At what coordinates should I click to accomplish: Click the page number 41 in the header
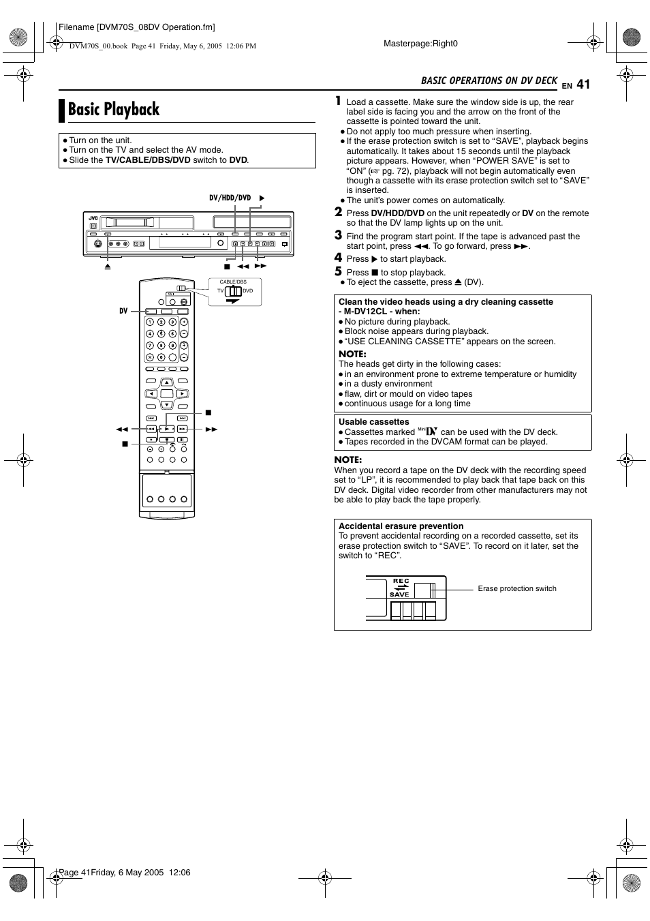(x=583, y=84)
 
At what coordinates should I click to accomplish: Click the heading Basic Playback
(x=114, y=109)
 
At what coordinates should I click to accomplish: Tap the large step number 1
(x=338, y=101)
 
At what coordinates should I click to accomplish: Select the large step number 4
(x=338, y=258)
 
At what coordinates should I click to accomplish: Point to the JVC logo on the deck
(x=93, y=217)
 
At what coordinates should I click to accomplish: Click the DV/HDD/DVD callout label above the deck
(x=230, y=198)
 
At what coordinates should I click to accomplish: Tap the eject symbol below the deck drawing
(x=108, y=267)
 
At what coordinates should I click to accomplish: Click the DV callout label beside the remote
(x=123, y=311)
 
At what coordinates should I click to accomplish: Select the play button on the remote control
(x=166, y=429)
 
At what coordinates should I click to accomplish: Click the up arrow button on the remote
(x=166, y=383)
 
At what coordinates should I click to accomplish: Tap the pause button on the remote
(x=183, y=440)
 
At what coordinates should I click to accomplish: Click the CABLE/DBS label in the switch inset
(x=233, y=282)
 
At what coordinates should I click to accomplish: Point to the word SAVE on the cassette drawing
(x=399, y=594)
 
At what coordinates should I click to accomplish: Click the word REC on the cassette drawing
(x=401, y=581)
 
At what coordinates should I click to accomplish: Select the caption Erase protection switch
(x=517, y=588)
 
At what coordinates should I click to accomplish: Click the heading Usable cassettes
(x=373, y=422)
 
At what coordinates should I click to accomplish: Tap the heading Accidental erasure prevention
(x=401, y=526)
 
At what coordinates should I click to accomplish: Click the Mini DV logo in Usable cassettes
(x=427, y=431)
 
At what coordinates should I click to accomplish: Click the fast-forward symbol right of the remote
(x=211, y=429)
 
